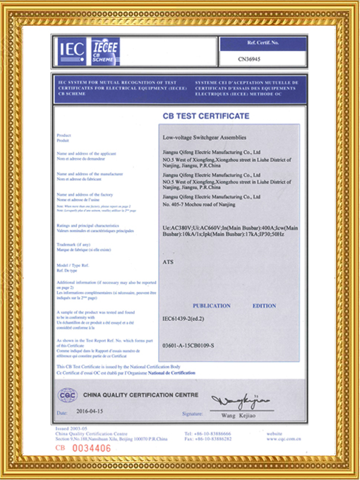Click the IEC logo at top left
click(71, 51)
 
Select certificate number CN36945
click(250, 59)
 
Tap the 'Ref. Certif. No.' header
click(262, 43)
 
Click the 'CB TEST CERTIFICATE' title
click(206, 116)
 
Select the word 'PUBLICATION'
click(211, 305)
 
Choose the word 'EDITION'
click(264, 305)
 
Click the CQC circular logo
click(67, 395)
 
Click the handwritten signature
click(240, 400)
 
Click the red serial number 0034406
click(89, 448)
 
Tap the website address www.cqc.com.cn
click(283, 439)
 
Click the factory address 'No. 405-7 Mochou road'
click(199, 204)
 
